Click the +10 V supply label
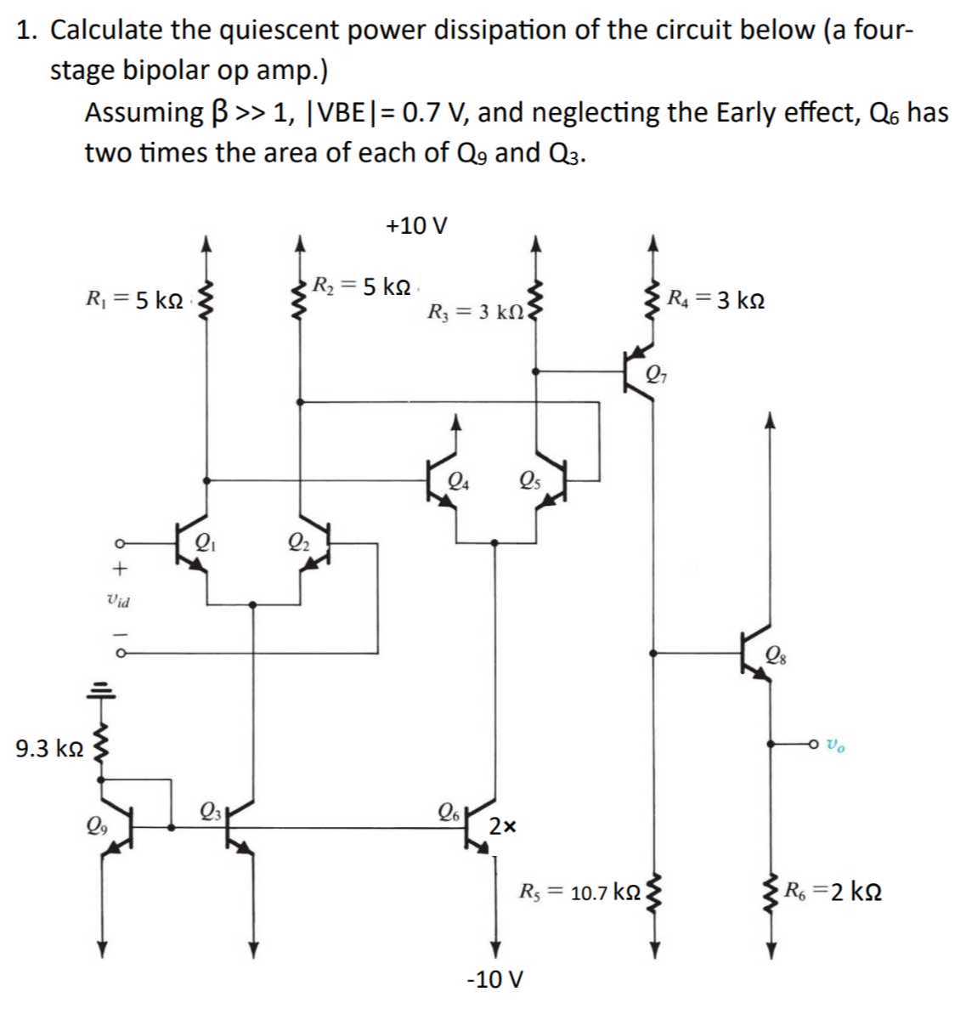(416, 226)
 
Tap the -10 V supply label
(495, 979)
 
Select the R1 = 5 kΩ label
(134, 299)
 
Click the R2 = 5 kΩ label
(361, 286)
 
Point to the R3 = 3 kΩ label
(476, 313)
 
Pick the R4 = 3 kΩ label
(715, 299)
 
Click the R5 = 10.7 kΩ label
(580, 893)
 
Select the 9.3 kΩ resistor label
(49, 749)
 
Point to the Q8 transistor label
(776, 654)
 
